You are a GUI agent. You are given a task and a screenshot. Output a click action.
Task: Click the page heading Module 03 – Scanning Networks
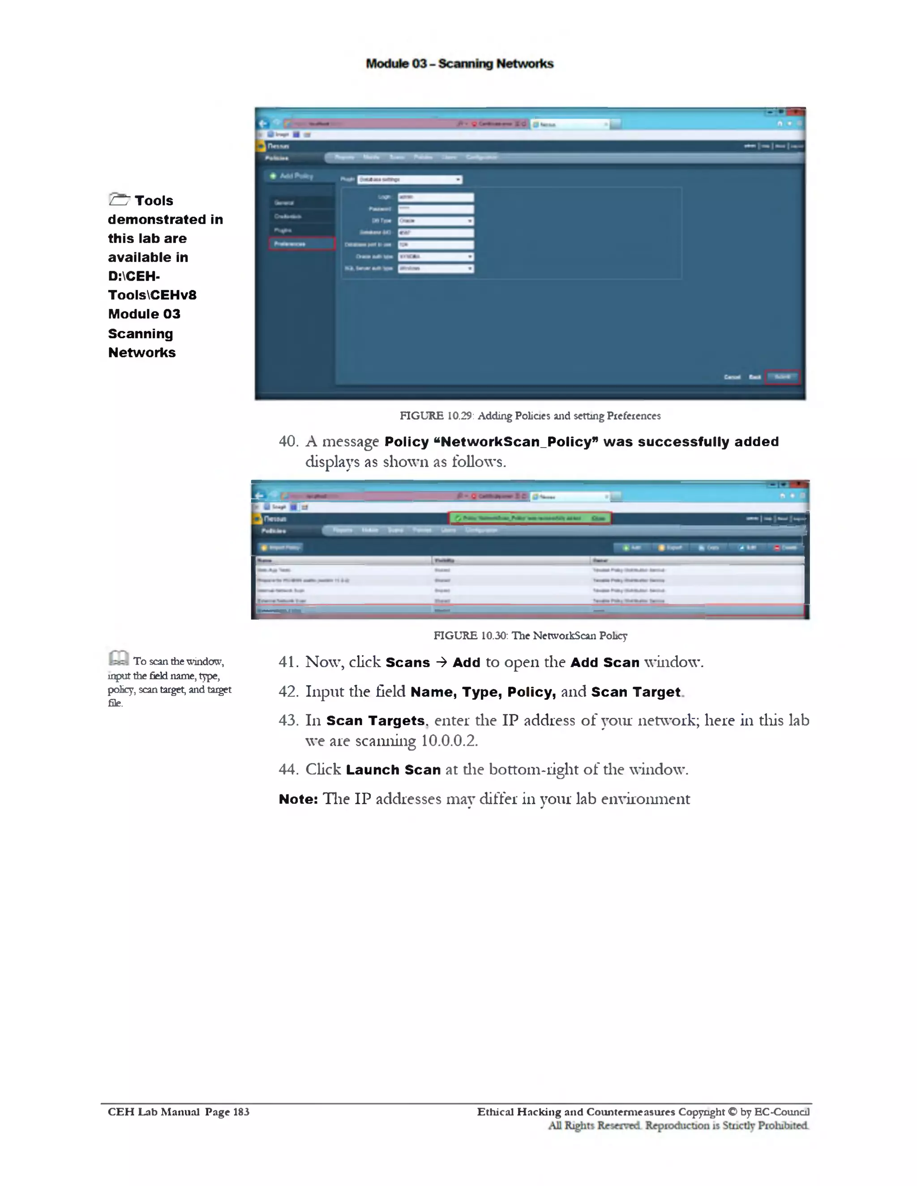click(459, 64)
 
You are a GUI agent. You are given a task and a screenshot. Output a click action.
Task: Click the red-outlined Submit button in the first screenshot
click(782, 377)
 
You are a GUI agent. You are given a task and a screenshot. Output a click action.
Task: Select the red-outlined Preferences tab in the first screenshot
click(301, 244)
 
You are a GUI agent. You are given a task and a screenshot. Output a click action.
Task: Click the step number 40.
click(288, 441)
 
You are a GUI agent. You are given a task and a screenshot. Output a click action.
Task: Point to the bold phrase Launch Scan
click(393, 770)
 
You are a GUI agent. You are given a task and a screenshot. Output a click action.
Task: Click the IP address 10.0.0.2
click(449, 741)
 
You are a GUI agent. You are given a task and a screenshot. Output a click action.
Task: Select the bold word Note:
click(298, 799)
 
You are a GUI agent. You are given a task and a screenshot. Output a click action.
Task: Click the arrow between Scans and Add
click(441, 662)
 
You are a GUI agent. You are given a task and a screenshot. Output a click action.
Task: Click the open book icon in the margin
click(118, 658)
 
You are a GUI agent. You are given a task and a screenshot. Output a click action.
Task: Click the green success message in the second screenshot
click(529, 518)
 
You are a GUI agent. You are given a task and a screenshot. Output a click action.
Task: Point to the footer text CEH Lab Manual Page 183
click(178, 1112)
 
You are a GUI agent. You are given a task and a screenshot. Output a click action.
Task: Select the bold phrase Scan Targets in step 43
click(375, 721)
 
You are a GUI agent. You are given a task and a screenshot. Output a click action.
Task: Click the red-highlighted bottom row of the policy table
click(530, 611)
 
